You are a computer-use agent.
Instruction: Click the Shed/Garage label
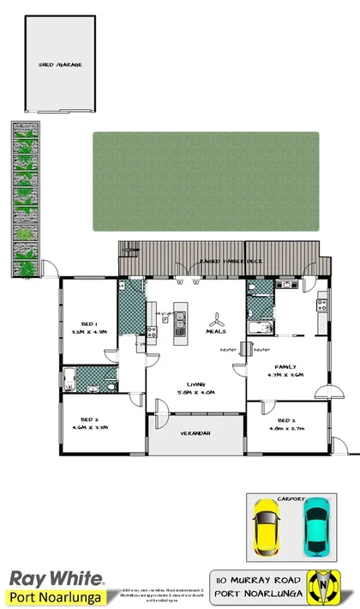click(60, 65)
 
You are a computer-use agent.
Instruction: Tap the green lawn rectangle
click(206, 181)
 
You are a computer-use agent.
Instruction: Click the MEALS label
click(215, 331)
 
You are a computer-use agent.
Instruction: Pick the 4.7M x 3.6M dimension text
click(285, 375)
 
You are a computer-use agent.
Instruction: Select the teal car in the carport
click(317, 526)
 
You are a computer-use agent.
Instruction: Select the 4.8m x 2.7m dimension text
click(287, 429)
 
